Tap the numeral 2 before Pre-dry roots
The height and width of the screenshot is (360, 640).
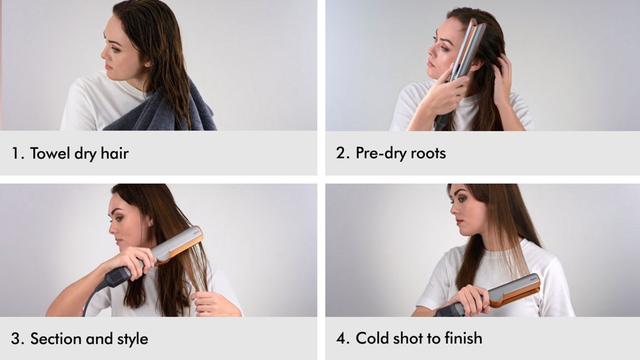click(341, 153)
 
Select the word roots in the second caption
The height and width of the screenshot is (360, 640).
click(428, 153)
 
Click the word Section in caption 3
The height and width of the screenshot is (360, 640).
click(56, 339)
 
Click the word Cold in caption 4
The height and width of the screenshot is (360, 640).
click(372, 338)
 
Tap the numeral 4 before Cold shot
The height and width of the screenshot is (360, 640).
click(341, 338)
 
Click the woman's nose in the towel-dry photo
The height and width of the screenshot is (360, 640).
click(103, 52)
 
